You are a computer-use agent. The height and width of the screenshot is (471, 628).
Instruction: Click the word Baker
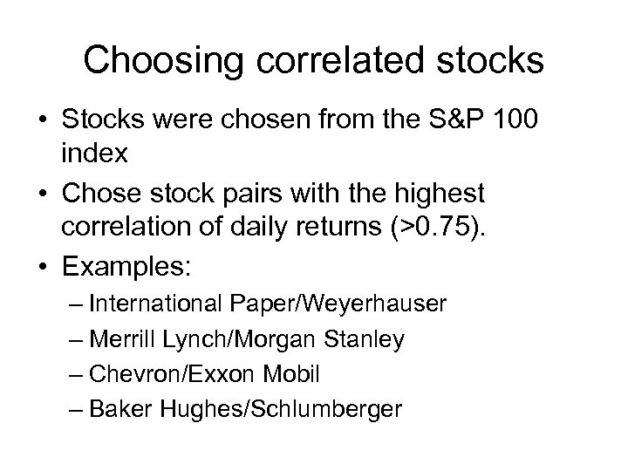click(x=118, y=408)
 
